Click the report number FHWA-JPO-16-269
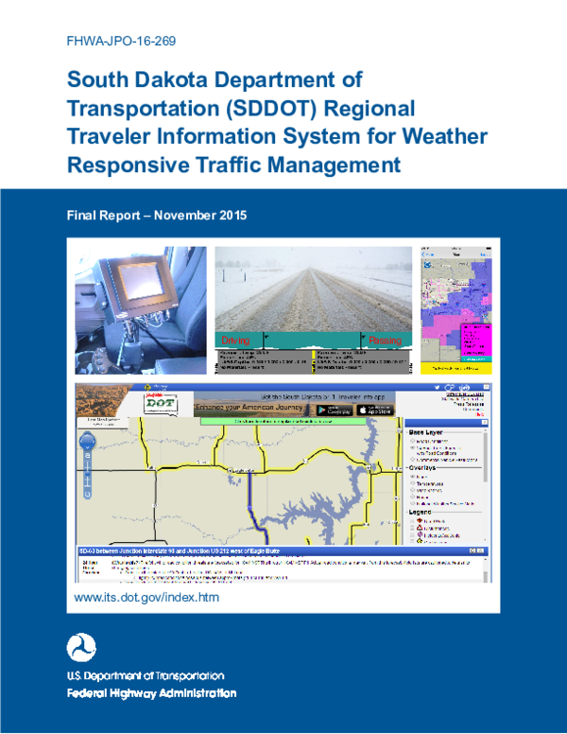tap(121, 41)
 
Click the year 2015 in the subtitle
tap(229, 216)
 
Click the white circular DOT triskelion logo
tap(81, 648)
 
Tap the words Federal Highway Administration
tap(151, 693)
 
